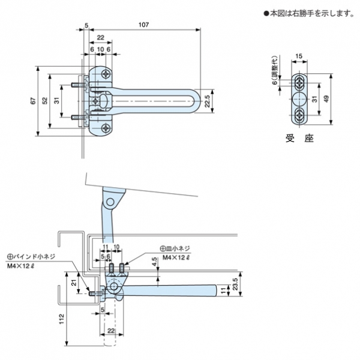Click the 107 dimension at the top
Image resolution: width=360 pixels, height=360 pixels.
click(143, 25)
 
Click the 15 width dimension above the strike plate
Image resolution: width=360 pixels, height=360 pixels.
click(298, 56)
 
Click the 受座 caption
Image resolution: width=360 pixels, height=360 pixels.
click(301, 139)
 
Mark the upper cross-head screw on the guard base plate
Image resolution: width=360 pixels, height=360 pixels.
click(107, 75)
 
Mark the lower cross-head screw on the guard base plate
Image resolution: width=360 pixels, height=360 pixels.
click(107, 127)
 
